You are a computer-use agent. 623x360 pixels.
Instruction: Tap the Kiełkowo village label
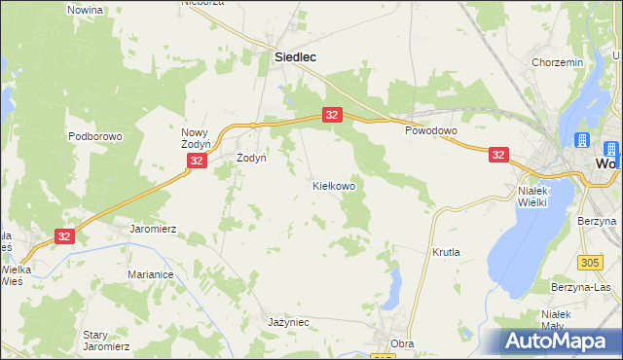click(333, 185)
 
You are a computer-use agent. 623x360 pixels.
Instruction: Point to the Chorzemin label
click(557, 62)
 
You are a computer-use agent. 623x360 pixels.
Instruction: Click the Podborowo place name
click(94, 137)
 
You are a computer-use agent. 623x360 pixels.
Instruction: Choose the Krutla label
click(446, 252)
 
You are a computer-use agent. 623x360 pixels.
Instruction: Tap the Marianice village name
click(150, 275)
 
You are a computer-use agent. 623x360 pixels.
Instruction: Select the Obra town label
click(402, 343)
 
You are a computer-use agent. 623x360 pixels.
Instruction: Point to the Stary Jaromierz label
click(106, 340)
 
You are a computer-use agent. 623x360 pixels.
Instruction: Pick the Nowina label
click(86, 9)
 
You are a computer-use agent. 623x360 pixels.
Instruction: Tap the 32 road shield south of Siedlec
click(332, 115)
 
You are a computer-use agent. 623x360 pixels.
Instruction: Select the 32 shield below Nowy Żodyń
click(197, 161)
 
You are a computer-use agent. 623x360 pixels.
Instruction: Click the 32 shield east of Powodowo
click(498, 155)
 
